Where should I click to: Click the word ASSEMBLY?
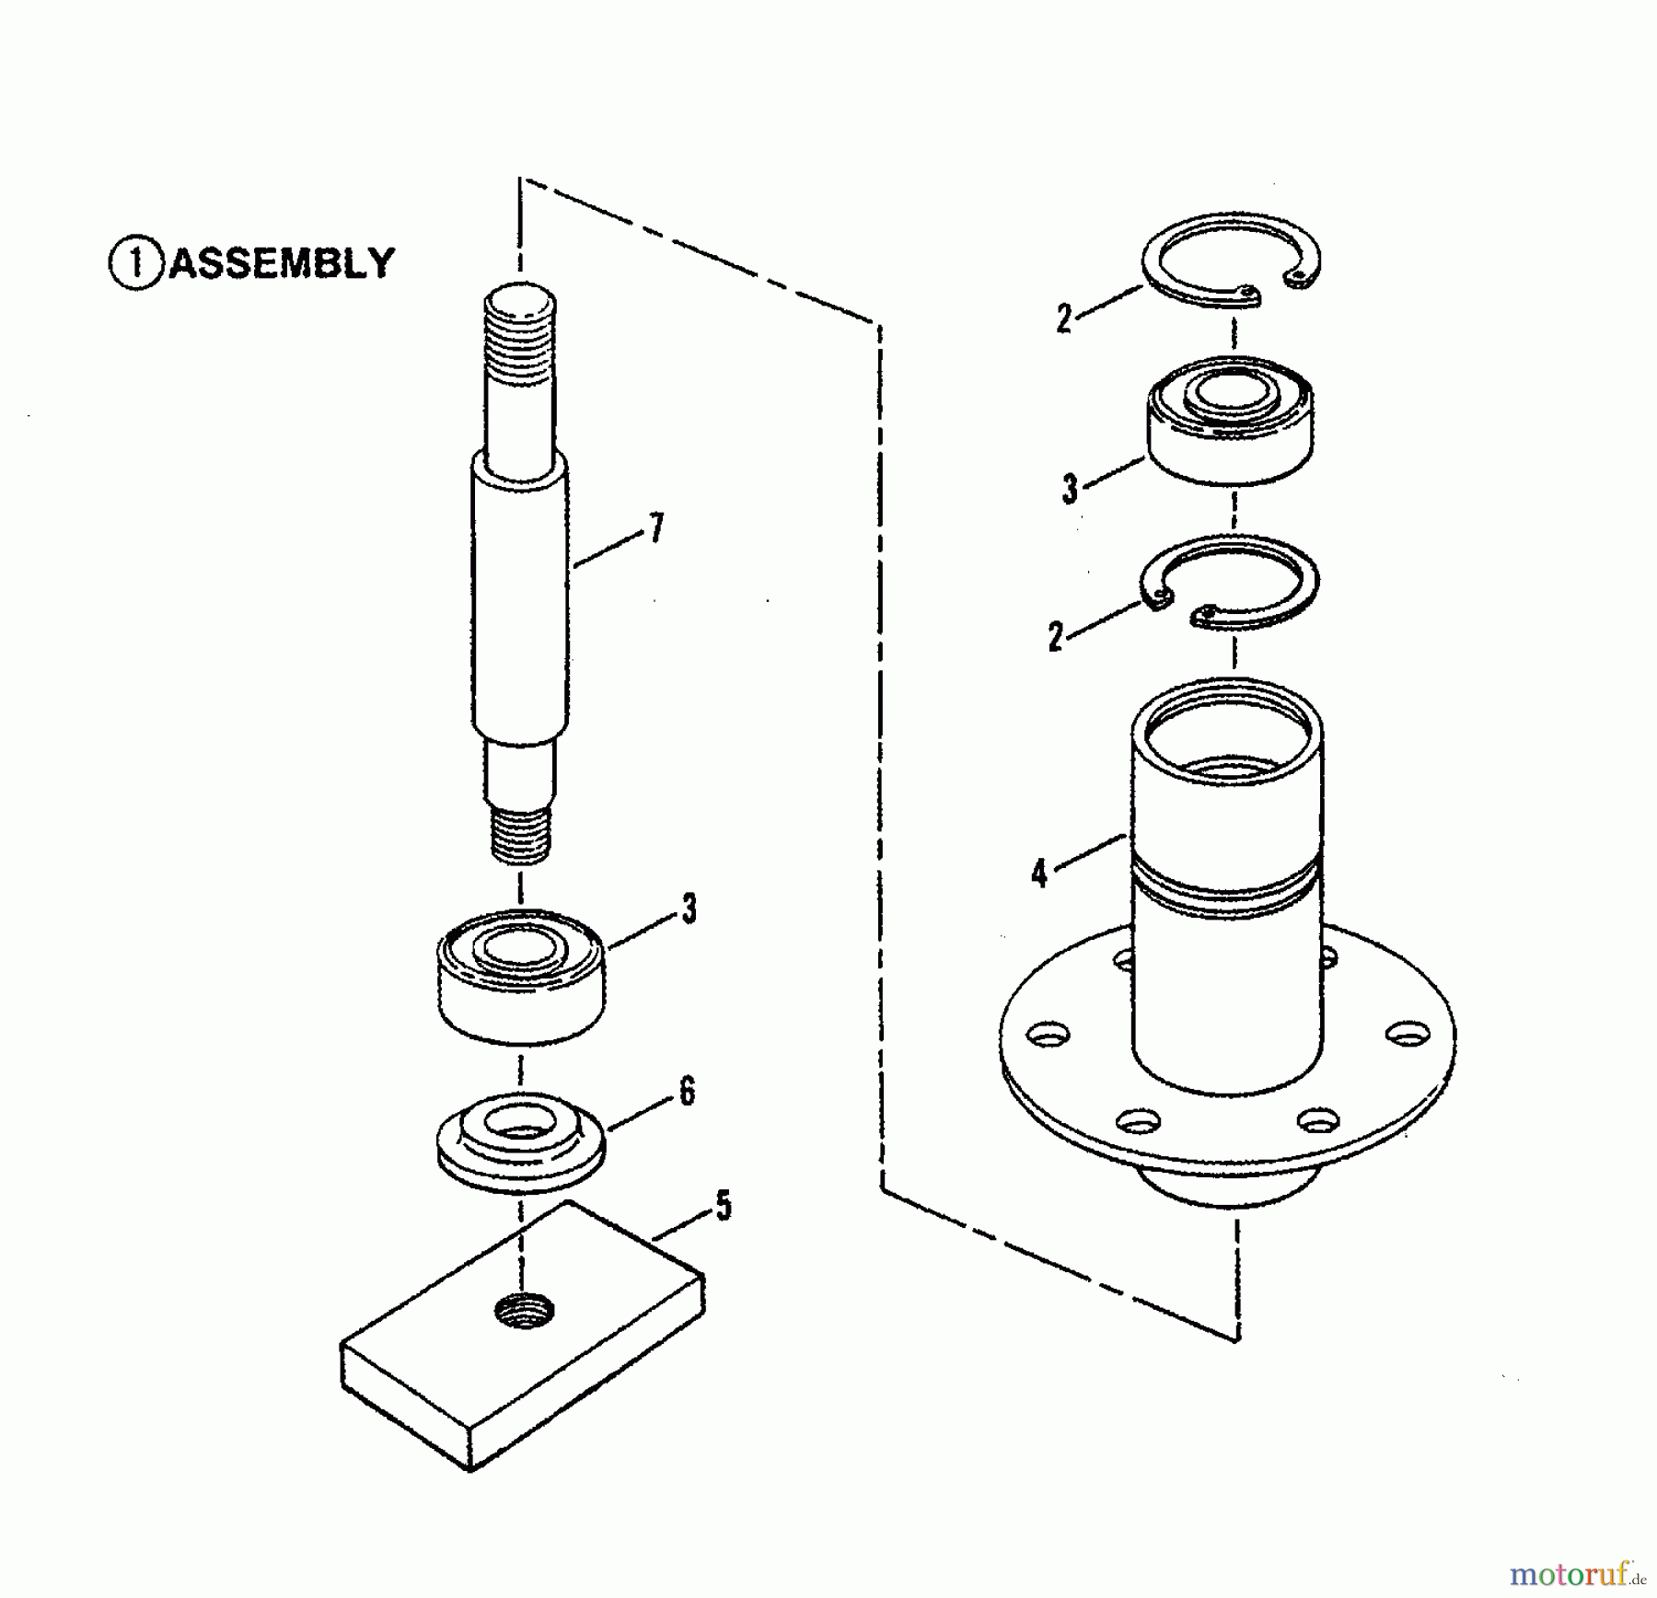[x=282, y=263]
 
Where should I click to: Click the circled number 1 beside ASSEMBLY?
[x=136, y=264]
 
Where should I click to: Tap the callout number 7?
[x=655, y=528]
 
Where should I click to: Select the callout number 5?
[x=724, y=1206]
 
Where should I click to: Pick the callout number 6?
[x=687, y=1092]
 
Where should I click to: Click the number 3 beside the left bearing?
[x=689, y=909]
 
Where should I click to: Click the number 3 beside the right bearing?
[x=1069, y=489]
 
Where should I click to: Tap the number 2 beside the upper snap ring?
[x=1064, y=318]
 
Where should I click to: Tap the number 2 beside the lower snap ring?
[x=1056, y=637]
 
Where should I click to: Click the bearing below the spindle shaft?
[x=521, y=976]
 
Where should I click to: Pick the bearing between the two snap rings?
[x=1231, y=421]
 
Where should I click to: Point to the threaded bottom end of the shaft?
[x=521, y=834]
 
